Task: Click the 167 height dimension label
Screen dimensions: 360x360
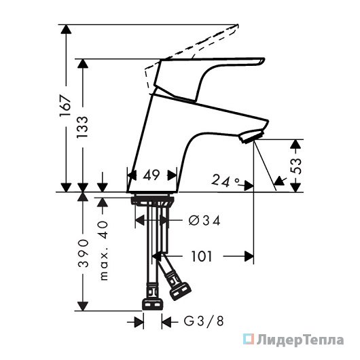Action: [x=65, y=105]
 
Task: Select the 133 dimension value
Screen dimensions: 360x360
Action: [x=82, y=127]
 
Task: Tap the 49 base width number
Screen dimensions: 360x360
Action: [x=151, y=175]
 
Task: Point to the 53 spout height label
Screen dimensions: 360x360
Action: [x=295, y=166]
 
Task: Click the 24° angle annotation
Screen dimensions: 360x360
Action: [x=226, y=181]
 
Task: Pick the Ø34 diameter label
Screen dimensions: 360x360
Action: [x=204, y=221]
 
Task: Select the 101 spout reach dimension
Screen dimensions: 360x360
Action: [x=202, y=256]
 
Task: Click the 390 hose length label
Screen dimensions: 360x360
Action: [x=83, y=253]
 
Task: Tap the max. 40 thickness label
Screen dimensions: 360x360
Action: [x=104, y=251]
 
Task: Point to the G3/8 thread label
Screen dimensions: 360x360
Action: [x=204, y=321]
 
